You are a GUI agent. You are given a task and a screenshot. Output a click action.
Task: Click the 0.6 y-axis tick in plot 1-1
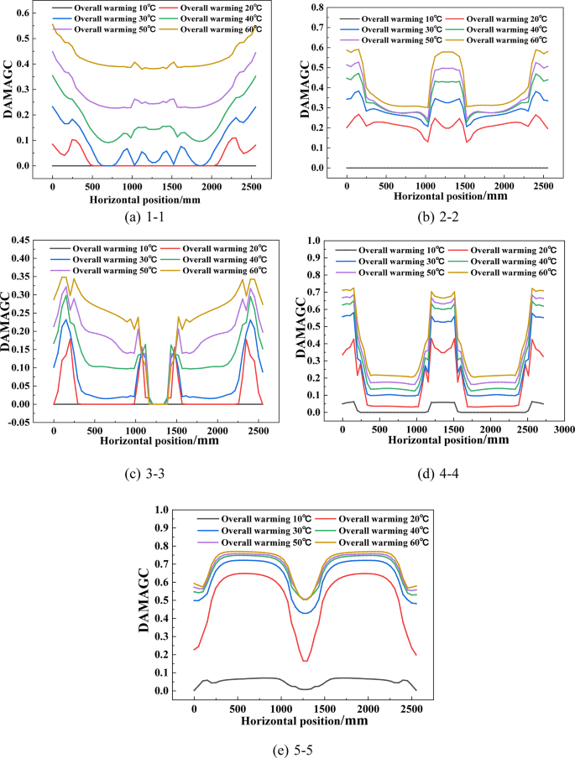pos(26,13)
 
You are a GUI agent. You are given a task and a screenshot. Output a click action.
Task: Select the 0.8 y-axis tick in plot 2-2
pos(320,7)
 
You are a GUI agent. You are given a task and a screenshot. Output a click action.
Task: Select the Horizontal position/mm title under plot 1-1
pos(154,200)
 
